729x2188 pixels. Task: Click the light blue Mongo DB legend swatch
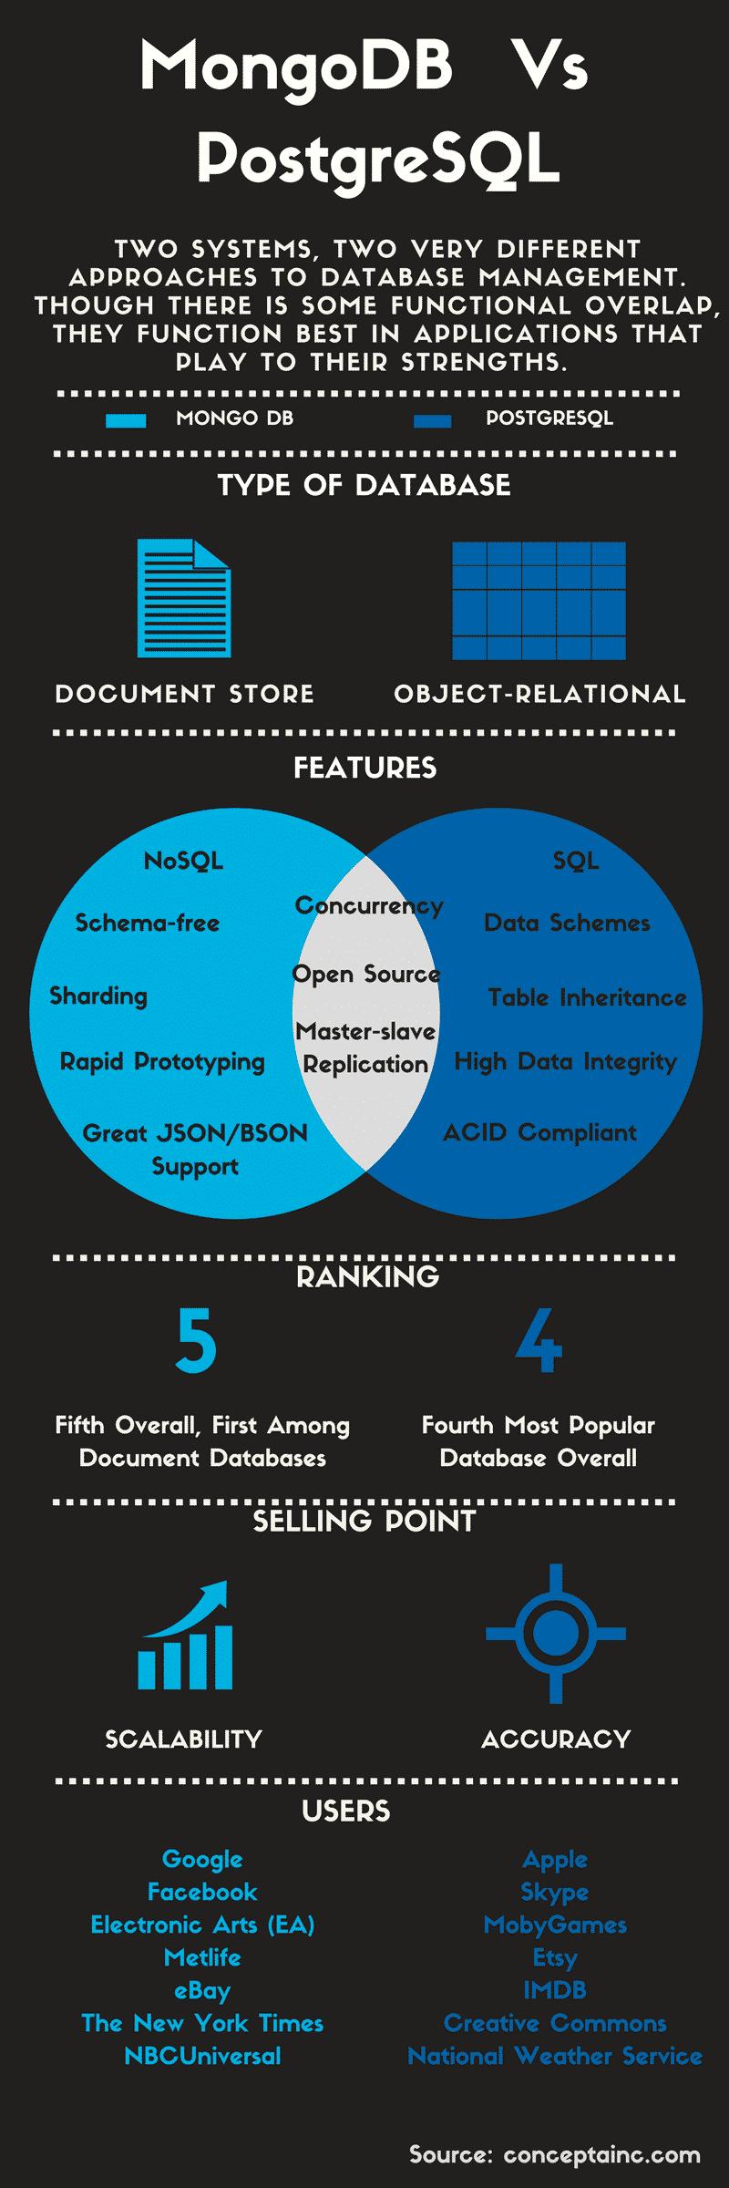[126, 420]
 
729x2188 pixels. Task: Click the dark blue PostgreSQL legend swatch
[432, 420]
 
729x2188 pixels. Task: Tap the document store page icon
[184, 598]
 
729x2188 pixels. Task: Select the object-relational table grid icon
[539, 600]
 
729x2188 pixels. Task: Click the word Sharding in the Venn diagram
[98, 996]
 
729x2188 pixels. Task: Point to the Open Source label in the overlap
[366, 974]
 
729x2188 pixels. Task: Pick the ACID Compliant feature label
[539, 1132]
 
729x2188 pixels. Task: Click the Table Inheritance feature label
[587, 997]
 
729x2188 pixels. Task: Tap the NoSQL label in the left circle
[183, 861]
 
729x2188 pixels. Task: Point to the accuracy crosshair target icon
[555, 1634]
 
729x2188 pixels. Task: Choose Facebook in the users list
[202, 1892]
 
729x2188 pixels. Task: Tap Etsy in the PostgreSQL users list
[555, 1957]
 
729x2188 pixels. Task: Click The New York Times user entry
[202, 2023]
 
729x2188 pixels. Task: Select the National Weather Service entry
[555, 2056]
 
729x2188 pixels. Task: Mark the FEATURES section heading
[364, 768]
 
